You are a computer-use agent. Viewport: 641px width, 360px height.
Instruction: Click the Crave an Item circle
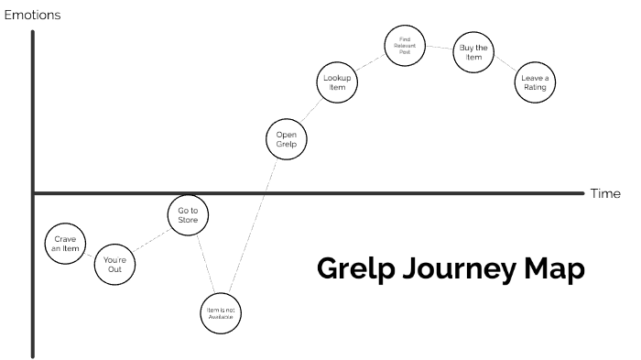tap(66, 243)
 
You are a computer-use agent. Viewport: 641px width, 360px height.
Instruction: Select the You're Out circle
tap(114, 264)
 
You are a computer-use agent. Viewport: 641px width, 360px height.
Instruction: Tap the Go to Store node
tap(189, 216)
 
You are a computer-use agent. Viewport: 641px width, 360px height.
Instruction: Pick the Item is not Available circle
tap(223, 312)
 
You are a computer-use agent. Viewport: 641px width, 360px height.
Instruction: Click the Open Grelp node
tap(287, 139)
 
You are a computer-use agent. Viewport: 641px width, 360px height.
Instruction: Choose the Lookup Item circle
tap(338, 82)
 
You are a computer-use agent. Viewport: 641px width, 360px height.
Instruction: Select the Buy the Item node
tap(473, 53)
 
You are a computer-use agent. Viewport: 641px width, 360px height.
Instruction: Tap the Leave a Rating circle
tap(535, 82)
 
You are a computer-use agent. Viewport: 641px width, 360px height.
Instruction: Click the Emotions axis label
tap(34, 14)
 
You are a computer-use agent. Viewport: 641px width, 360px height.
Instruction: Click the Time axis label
tap(605, 193)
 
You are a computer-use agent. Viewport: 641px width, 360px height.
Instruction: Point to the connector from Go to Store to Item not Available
tap(206, 265)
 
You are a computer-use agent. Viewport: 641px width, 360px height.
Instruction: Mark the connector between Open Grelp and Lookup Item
tap(312, 111)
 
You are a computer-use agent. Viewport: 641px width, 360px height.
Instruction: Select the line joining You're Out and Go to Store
tap(152, 240)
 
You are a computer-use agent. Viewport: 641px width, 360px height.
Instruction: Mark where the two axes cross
tap(34, 193)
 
